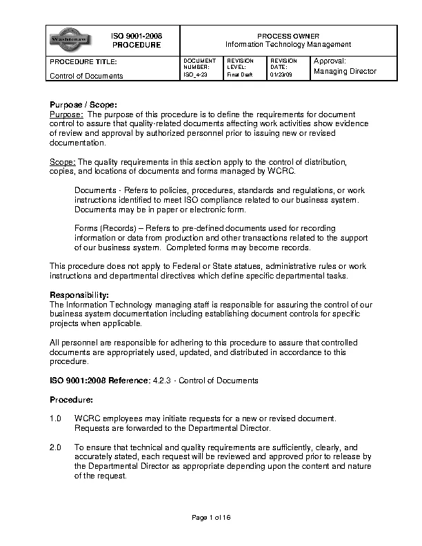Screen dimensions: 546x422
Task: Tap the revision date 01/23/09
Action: (x=281, y=74)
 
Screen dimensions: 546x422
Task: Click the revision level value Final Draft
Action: (x=240, y=74)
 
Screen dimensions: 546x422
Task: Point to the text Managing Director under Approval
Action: (x=345, y=72)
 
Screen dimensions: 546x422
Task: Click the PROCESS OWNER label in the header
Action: (x=288, y=35)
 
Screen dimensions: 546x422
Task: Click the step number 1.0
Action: (x=56, y=418)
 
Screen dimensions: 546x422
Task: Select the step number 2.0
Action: (x=56, y=447)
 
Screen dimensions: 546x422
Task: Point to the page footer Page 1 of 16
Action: (x=210, y=518)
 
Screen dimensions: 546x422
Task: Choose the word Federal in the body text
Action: (x=197, y=266)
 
